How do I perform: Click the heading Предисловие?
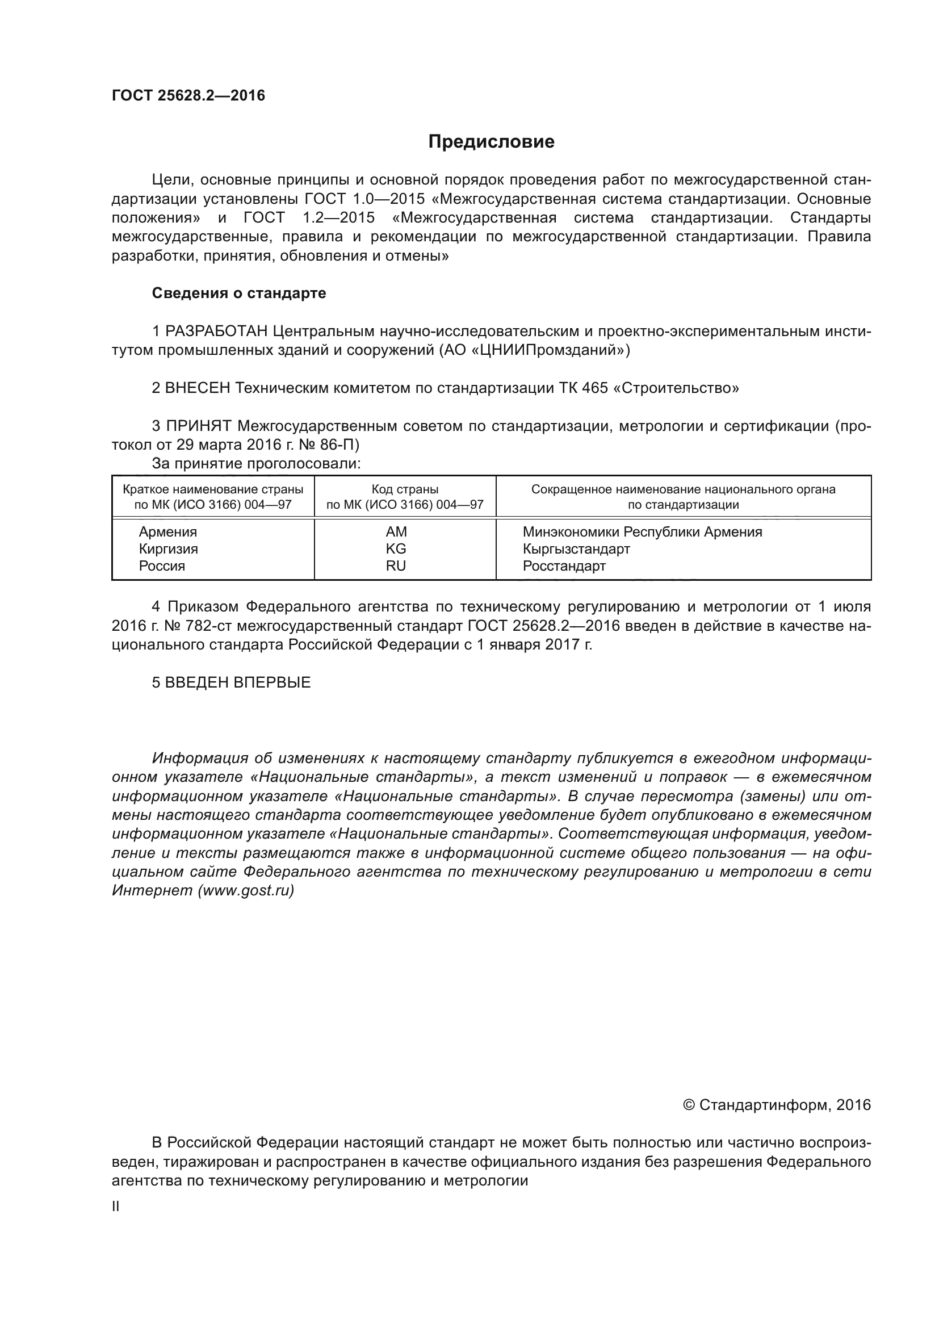[491, 142]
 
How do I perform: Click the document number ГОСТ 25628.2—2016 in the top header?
[188, 95]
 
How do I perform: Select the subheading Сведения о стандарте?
[239, 293]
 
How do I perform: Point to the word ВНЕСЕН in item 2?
[198, 388]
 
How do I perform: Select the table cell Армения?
[167, 531]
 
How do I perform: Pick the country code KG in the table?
[396, 548]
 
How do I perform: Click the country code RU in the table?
[396, 565]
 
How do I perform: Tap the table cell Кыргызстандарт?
[576, 548]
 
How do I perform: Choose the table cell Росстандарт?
[564, 565]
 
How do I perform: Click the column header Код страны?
[405, 489]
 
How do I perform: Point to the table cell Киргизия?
[168, 548]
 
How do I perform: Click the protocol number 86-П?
[341, 445]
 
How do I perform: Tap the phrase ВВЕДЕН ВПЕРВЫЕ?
[238, 682]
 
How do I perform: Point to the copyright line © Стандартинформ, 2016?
[777, 1105]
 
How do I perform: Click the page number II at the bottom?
[116, 1206]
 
